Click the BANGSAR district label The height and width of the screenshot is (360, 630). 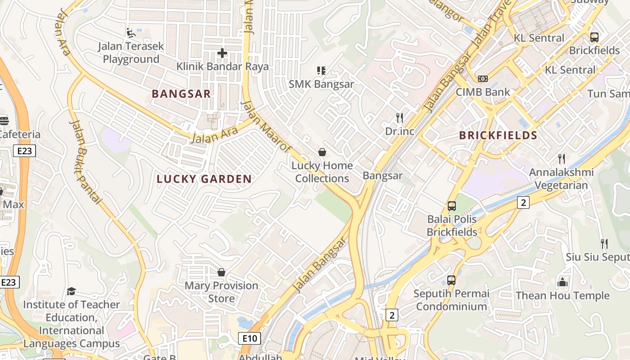tap(181, 94)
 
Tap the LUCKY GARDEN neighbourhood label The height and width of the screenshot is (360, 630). tap(204, 179)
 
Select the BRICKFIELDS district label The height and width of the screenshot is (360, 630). tap(498, 135)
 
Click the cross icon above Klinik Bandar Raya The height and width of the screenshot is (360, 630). tap(222, 53)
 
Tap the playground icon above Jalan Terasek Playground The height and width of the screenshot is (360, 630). tap(130, 32)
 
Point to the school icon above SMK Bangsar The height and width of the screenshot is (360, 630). tap(321, 70)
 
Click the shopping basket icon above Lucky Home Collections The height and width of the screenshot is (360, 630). tap(322, 152)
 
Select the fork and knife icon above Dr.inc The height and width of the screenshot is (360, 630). tap(399, 118)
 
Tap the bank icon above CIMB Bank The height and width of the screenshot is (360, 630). tap(482, 79)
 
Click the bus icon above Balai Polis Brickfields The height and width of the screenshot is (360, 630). tap(451, 206)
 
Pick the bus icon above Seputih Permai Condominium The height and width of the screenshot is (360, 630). tap(451, 280)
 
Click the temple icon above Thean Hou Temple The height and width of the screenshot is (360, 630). tap(562, 283)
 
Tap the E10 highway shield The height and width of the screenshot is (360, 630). tap(249, 338)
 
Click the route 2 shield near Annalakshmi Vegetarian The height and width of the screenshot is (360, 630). tap(522, 202)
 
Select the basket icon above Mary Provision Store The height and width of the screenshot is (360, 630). tap(221, 272)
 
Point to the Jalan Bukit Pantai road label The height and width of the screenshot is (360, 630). tap(85, 162)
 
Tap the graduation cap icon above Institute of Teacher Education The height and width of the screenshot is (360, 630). tap(71, 292)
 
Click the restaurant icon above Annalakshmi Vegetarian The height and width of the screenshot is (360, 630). tap(561, 159)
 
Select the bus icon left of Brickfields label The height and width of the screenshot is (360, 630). tap(594, 37)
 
